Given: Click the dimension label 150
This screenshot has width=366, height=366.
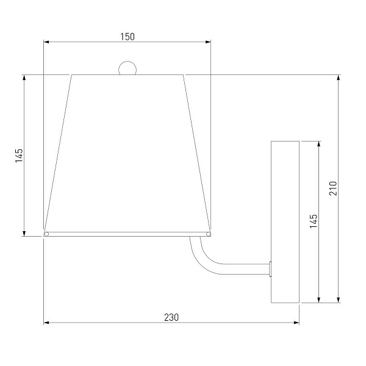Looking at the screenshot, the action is point(127,37).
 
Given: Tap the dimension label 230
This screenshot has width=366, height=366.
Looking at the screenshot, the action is point(171,317).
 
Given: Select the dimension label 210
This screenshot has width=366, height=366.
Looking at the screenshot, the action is point(333,188).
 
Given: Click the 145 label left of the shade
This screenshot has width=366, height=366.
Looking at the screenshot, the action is point(19,156).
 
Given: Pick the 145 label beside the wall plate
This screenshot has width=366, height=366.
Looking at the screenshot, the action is point(314,221).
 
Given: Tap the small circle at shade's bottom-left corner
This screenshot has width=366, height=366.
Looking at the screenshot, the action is point(46,234).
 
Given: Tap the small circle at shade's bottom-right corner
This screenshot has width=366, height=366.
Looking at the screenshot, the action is point(208,234).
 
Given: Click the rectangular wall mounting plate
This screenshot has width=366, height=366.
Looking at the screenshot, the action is point(285,222).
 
